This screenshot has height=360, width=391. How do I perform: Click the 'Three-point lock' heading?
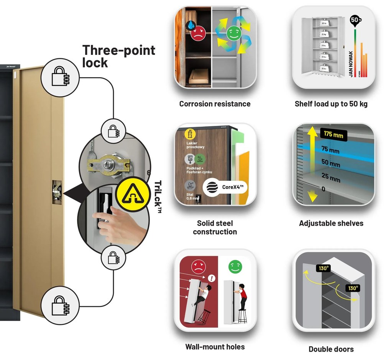pyautogui.click(x=119, y=56)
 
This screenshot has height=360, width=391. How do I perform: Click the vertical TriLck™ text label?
pyautogui.click(x=158, y=196)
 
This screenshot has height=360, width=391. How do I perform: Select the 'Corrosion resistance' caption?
pyautogui.click(x=215, y=104)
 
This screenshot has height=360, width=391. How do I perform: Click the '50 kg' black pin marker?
pyautogui.click(x=355, y=20)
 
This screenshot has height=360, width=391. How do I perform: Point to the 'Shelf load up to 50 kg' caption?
pyautogui.click(x=331, y=104)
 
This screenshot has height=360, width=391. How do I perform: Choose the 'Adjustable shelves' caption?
pyautogui.click(x=331, y=223)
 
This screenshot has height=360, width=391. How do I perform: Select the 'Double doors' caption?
pyautogui.click(x=331, y=349)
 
